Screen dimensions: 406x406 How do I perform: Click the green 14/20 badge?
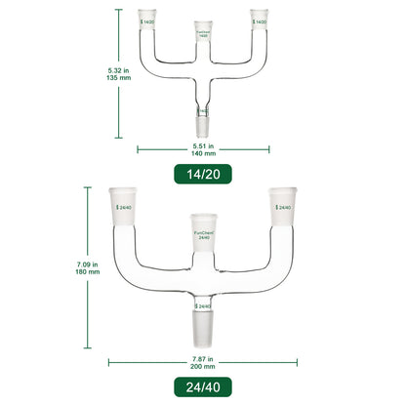pyautogui.click(x=202, y=175)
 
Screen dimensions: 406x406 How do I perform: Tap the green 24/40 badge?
pyautogui.click(x=202, y=384)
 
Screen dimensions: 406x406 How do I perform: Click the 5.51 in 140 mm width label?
pyautogui.click(x=202, y=147)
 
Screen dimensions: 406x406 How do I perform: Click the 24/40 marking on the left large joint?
pyautogui.click(x=124, y=209)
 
